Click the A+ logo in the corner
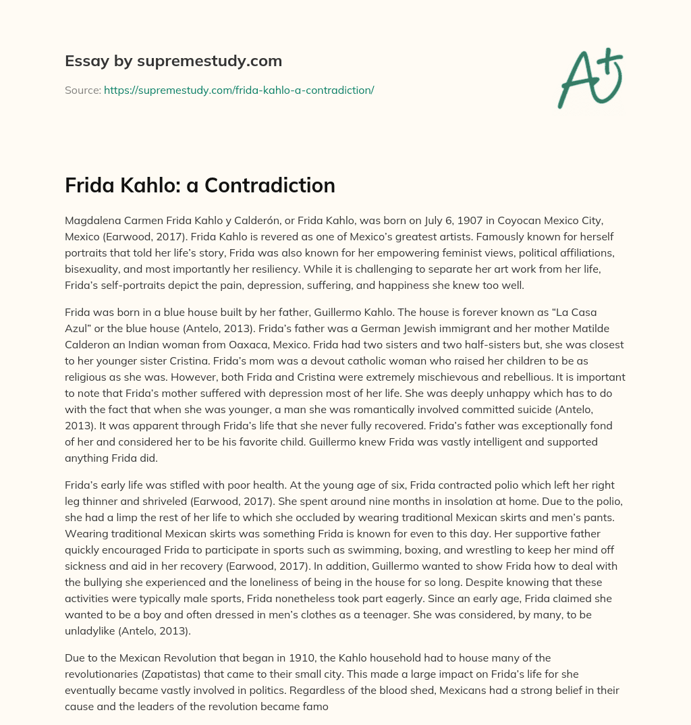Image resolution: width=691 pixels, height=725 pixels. (x=589, y=78)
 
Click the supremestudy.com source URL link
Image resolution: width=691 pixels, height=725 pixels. (x=239, y=90)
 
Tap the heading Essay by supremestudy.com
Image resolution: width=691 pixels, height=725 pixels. (x=173, y=61)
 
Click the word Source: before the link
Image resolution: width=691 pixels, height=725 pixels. (x=83, y=90)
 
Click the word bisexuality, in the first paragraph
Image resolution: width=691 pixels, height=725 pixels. (x=93, y=271)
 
